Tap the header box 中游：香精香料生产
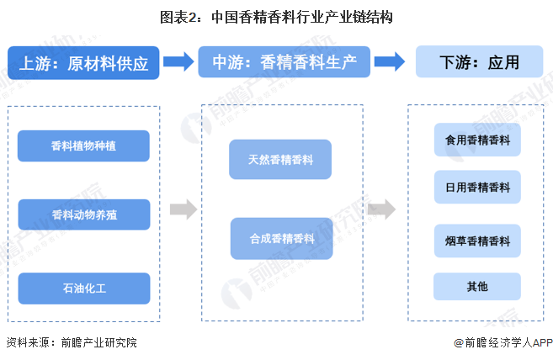click(x=284, y=63)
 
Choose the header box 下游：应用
click(x=478, y=63)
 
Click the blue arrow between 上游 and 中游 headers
click(x=178, y=62)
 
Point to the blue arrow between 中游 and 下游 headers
click(x=389, y=62)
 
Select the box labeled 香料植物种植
click(x=83, y=146)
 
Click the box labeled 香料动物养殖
click(x=83, y=214)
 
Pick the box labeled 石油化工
click(x=83, y=288)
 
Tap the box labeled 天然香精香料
click(x=280, y=160)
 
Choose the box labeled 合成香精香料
click(x=280, y=239)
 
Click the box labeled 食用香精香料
click(x=477, y=140)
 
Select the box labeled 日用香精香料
click(x=477, y=188)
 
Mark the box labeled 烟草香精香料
click(x=477, y=241)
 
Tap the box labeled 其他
click(x=477, y=287)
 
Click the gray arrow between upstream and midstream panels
click(x=183, y=210)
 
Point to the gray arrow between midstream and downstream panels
click(x=381, y=210)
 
